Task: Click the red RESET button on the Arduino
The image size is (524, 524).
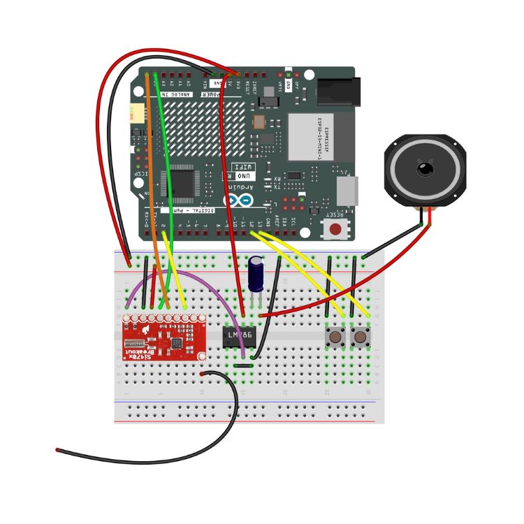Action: (336, 228)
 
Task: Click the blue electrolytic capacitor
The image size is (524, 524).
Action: (257, 275)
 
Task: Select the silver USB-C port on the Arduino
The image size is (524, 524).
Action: (347, 190)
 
